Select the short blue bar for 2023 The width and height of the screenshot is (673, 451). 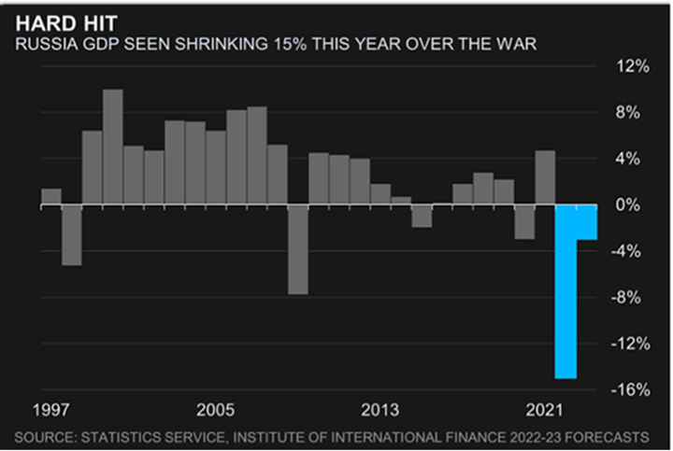pyautogui.click(x=587, y=222)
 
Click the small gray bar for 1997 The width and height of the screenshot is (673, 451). pyautogui.click(x=51, y=196)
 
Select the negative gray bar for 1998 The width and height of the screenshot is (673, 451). pyautogui.click(x=72, y=234)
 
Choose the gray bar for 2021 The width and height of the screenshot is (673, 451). pyautogui.click(x=546, y=177)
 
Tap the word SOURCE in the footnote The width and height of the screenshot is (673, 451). pyautogui.click(x=49, y=436)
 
